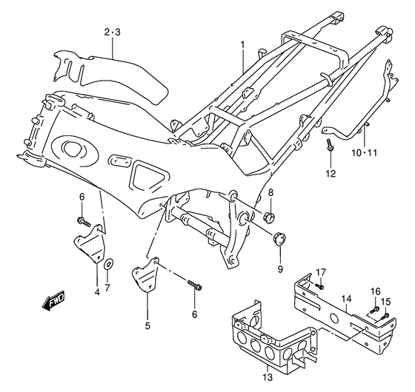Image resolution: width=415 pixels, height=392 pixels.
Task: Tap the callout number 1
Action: click(241, 45)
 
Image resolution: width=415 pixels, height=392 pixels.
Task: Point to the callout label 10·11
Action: click(364, 152)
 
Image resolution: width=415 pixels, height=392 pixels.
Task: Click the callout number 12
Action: click(330, 174)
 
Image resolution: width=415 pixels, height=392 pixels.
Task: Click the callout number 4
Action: click(97, 291)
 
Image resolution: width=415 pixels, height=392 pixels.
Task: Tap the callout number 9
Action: click(279, 269)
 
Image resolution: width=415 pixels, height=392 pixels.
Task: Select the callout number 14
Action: click(345, 300)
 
